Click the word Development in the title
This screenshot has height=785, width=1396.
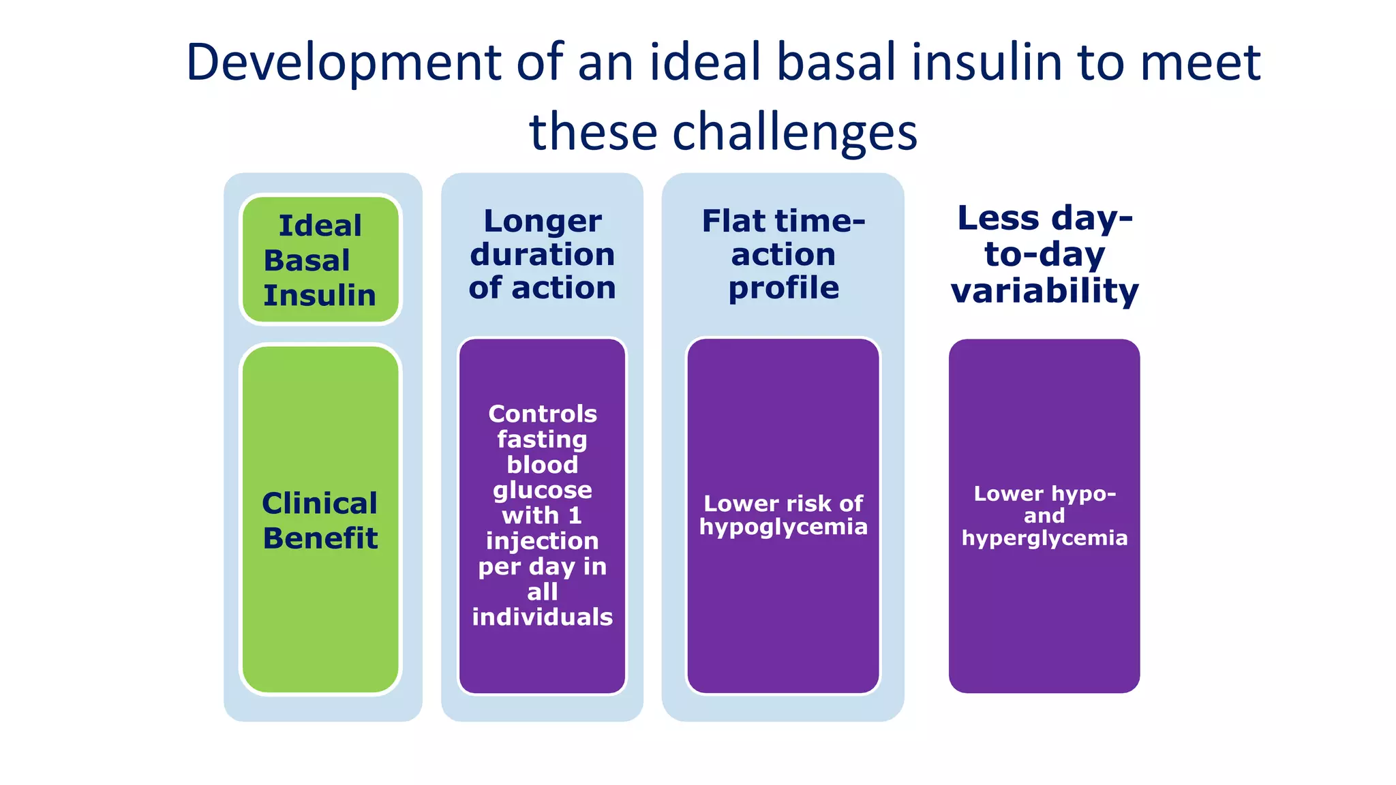(344, 63)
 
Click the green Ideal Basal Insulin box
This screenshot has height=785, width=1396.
(320, 260)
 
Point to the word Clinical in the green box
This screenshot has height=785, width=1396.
(319, 504)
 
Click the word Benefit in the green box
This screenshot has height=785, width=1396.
(320, 538)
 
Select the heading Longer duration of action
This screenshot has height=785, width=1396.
(543, 254)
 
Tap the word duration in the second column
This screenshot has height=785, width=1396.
(543, 255)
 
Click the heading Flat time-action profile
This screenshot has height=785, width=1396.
(783, 254)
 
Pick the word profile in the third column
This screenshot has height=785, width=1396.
(783, 288)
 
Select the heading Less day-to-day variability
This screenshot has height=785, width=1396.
(1044, 254)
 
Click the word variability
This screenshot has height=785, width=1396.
(1044, 291)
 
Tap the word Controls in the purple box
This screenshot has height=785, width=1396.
(543, 414)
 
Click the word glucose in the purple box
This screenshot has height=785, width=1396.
(543, 490)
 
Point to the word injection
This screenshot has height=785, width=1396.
(543, 541)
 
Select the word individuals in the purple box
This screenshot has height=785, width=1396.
(543, 617)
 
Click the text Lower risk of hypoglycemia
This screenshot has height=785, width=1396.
(783, 515)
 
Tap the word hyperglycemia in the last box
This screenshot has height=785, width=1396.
(1044, 538)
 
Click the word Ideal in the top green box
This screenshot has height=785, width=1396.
(320, 226)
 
